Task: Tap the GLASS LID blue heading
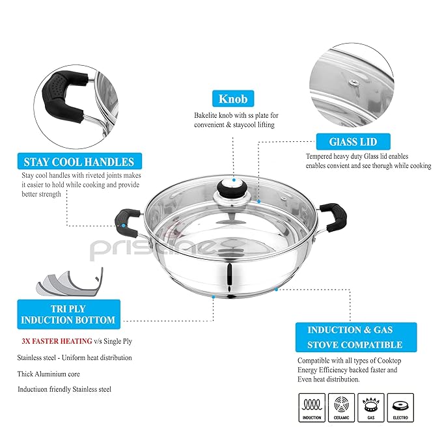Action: (x=352, y=141)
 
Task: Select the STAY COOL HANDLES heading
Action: (x=79, y=162)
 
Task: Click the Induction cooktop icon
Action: (x=312, y=407)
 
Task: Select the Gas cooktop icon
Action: (x=370, y=407)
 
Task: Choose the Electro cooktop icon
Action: (x=400, y=407)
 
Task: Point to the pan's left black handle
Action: (x=127, y=219)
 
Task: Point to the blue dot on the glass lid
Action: (x=258, y=202)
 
